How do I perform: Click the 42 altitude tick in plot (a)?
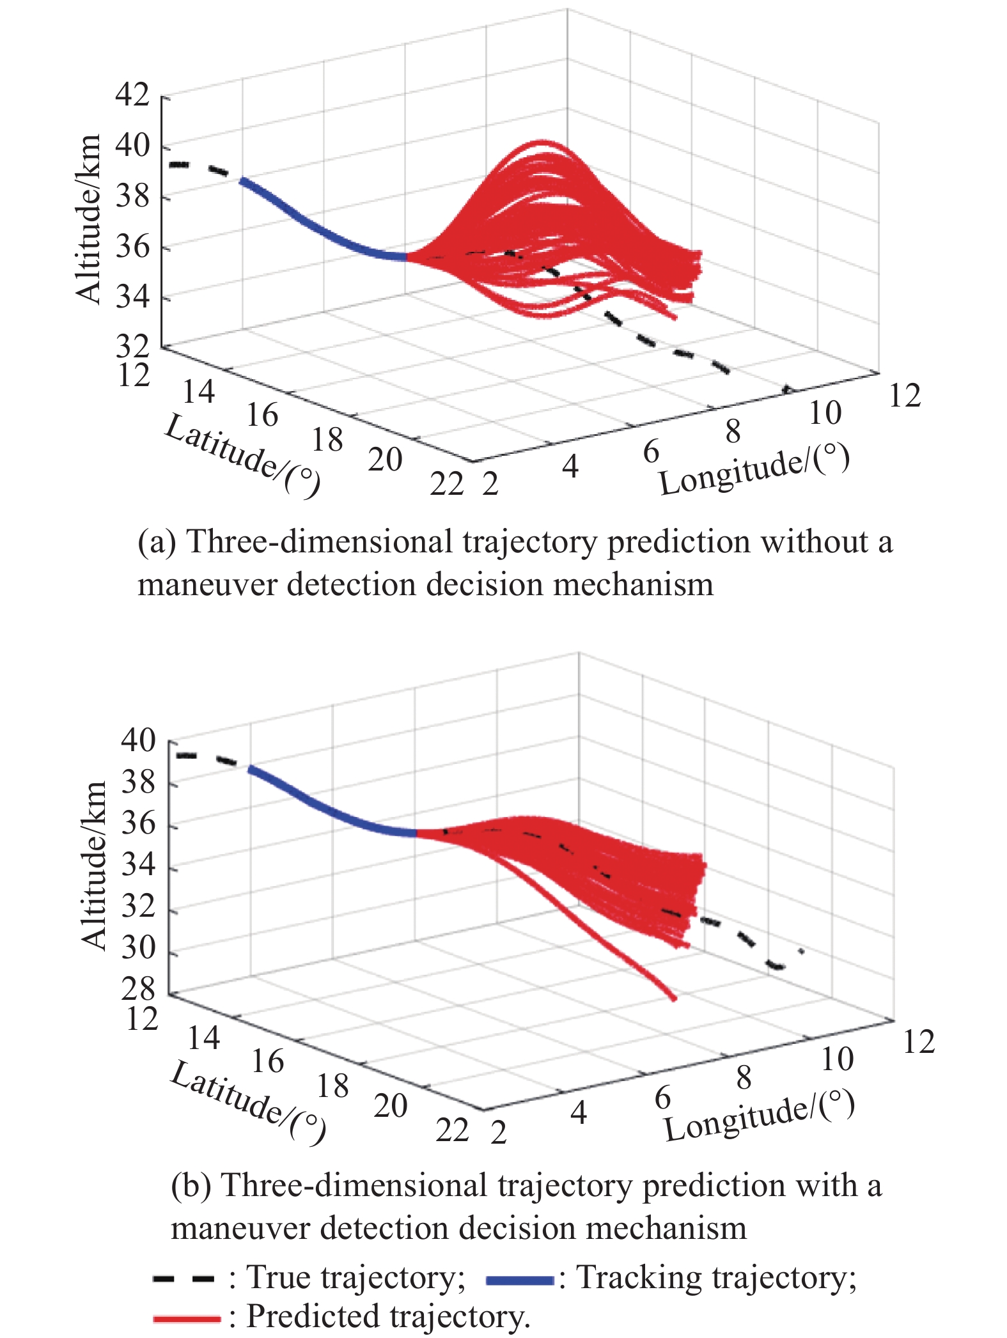(x=132, y=95)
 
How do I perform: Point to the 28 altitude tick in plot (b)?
(x=138, y=988)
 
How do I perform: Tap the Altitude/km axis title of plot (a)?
(x=88, y=219)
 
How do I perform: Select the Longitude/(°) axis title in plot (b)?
(x=760, y=1114)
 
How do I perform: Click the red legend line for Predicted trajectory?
(x=187, y=1318)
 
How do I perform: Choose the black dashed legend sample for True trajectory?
(x=184, y=1279)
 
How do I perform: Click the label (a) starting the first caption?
(x=156, y=543)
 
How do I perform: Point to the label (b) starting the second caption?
(x=191, y=1186)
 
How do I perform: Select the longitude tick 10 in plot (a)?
(x=825, y=413)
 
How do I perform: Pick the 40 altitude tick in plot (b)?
(x=138, y=740)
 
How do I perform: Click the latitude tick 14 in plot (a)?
(x=199, y=391)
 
